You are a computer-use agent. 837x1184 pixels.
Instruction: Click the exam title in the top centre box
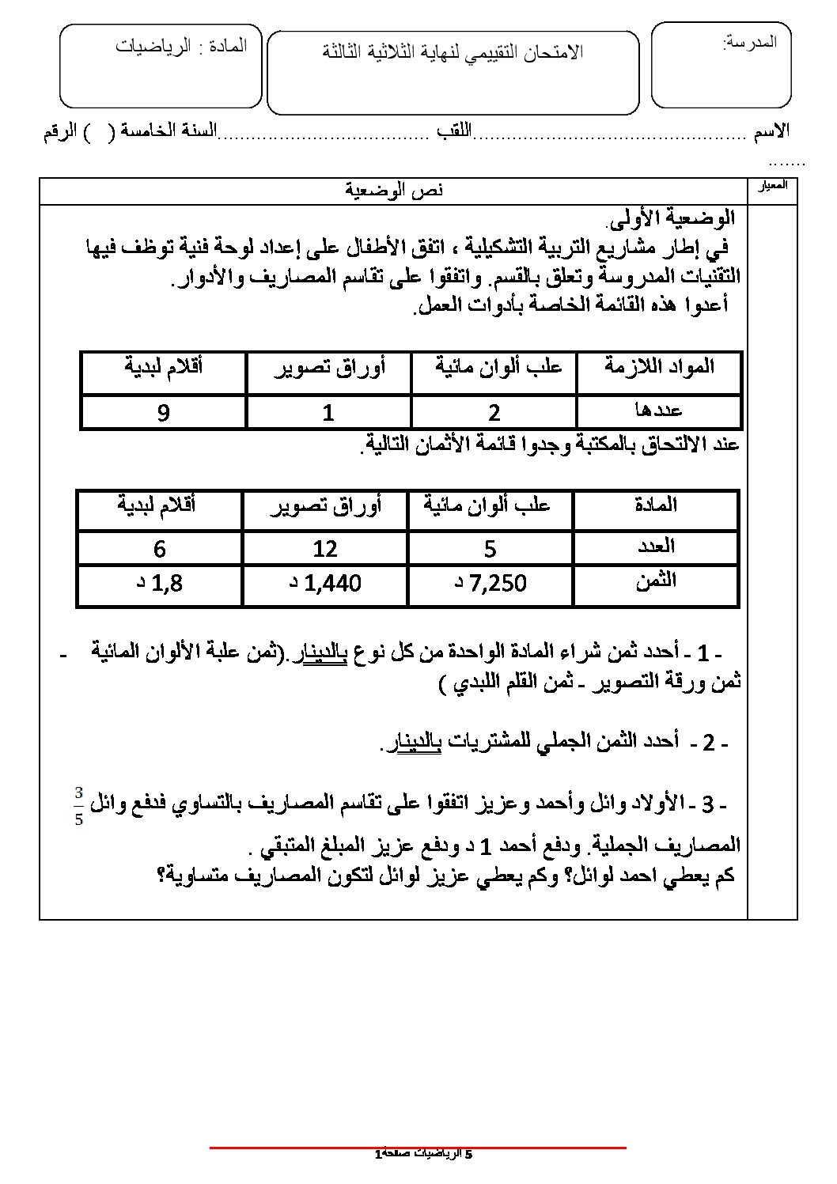pyautogui.click(x=453, y=52)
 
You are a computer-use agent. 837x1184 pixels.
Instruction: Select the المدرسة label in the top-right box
pyautogui.click(x=749, y=42)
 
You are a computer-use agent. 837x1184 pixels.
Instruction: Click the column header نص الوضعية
pyautogui.click(x=395, y=189)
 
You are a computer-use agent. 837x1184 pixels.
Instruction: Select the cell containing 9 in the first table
pyautogui.click(x=164, y=412)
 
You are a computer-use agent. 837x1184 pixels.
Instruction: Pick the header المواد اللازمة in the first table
pyautogui.click(x=659, y=366)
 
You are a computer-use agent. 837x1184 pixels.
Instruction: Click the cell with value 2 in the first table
pyautogui.click(x=494, y=412)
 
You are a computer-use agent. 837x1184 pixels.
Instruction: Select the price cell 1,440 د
pyautogui.click(x=325, y=584)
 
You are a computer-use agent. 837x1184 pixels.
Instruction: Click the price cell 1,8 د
pyautogui.click(x=158, y=584)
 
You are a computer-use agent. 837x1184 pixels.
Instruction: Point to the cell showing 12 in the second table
pyautogui.click(x=325, y=547)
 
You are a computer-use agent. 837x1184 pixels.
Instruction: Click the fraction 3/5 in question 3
pyautogui.click(x=78, y=804)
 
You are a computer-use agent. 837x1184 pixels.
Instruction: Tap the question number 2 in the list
pyautogui.click(x=708, y=742)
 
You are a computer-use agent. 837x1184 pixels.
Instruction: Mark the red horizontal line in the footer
pyautogui.click(x=418, y=1148)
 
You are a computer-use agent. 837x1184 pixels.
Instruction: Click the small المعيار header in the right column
pyautogui.click(x=772, y=187)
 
